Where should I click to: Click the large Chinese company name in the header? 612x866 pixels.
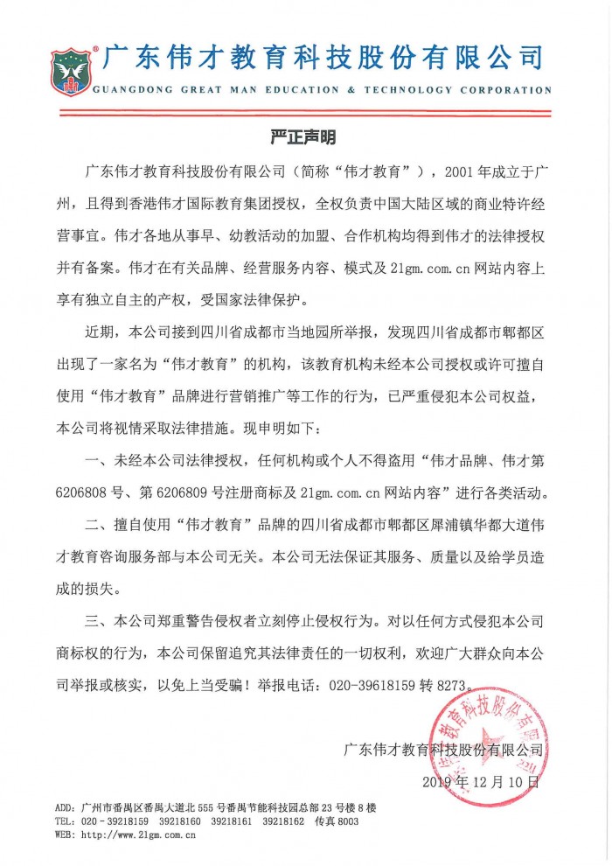323,58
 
